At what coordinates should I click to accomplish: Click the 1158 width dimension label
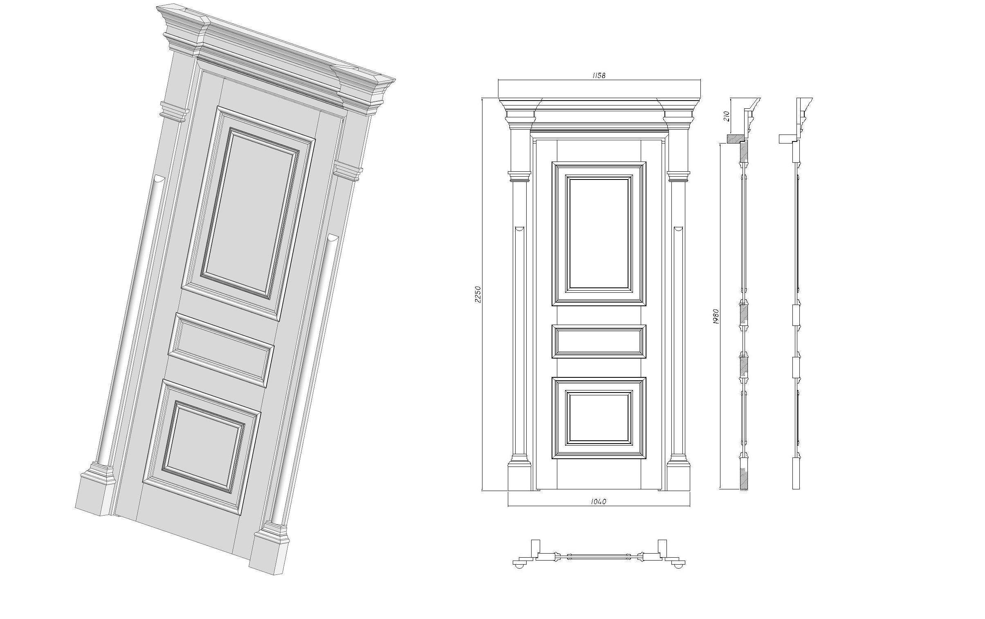(x=599, y=75)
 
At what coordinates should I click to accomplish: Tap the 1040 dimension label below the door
(x=599, y=502)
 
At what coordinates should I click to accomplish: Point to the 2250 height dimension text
(x=478, y=294)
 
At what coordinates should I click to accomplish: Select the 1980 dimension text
(x=716, y=316)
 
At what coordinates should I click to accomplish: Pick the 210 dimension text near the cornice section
(x=727, y=117)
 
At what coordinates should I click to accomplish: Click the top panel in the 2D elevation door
(x=599, y=233)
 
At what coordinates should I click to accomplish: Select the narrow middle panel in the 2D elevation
(x=599, y=342)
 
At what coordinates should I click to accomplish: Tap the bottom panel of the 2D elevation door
(x=599, y=418)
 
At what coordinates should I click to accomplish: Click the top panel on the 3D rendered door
(x=248, y=213)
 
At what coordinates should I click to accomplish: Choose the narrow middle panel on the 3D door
(x=221, y=350)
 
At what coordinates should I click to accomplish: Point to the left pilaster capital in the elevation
(x=520, y=176)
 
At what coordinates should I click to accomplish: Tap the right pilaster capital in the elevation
(x=678, y=176)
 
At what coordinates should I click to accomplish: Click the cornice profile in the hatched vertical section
(x=750, y=117)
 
